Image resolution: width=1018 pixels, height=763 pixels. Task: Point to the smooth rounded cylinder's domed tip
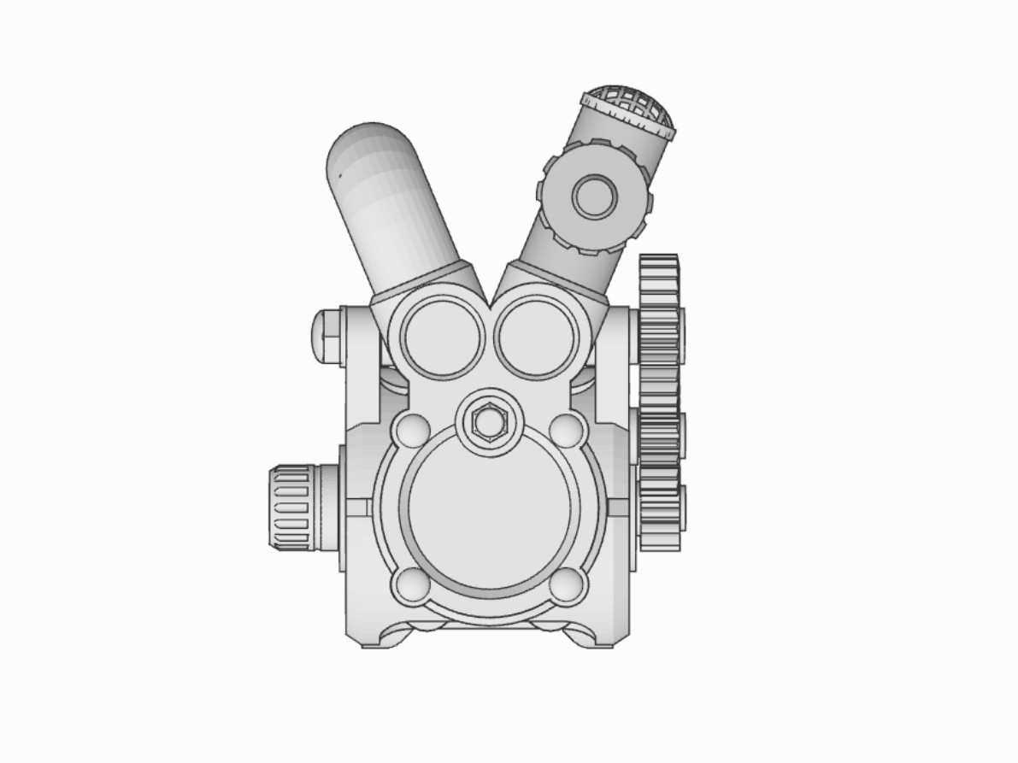pos(368,145)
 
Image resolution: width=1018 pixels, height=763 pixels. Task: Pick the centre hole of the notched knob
pos(594,197)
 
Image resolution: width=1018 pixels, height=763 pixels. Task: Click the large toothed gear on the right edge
pos(659,402)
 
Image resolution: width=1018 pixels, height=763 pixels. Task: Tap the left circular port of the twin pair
pos(442,336)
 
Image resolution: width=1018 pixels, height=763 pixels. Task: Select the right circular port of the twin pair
pos(536,336)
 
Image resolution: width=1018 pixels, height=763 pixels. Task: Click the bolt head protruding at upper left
pos(327,334)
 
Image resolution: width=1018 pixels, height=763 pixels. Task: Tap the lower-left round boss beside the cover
pos(411,584)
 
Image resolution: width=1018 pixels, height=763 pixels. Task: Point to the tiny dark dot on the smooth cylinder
pos(339,176)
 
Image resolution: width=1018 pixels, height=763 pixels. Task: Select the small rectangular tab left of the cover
pos(358,508)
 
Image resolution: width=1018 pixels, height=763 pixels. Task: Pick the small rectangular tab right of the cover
pos(618,508)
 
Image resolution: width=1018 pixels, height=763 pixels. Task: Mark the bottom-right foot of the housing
pos(599,637)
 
